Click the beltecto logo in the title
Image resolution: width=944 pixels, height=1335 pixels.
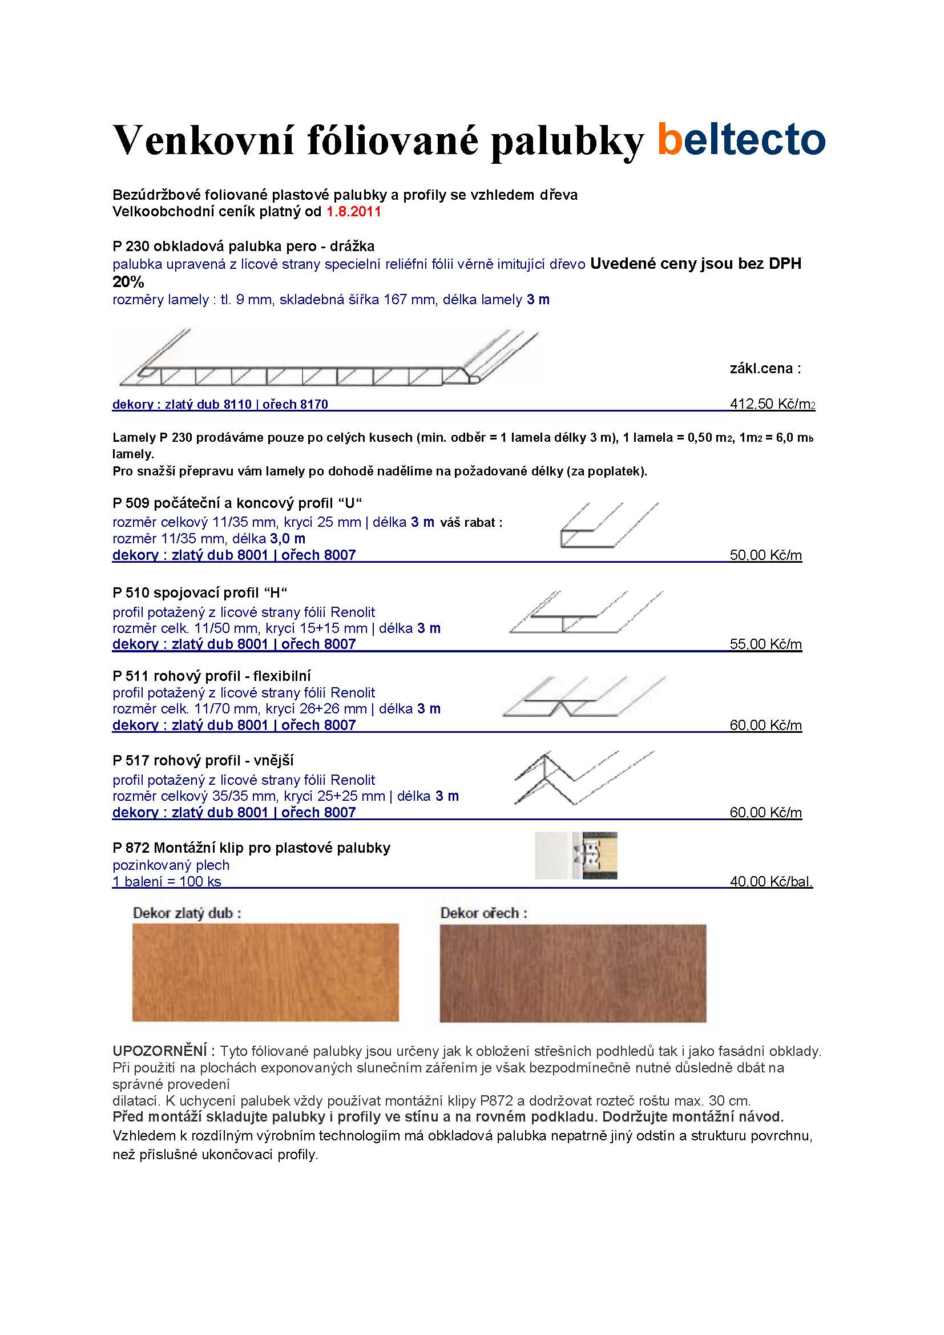pyautogui.click(x=741, y=139)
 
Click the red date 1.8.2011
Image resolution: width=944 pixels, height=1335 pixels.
pyautogui.click(x=353, y=212)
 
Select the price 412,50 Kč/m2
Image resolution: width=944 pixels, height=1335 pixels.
pyautogui.click(x=772, y=404)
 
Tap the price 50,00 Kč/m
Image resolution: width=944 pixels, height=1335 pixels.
pyautogui.click(x=765, y=555)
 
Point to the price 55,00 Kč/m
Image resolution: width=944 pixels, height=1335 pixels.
pyautogui.click(x=765, y=644)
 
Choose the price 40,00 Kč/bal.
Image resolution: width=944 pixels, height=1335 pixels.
pyautogui.click(x=770, y=881)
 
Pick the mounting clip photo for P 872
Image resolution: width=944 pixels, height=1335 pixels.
pyautogui.click(x=576, y=855)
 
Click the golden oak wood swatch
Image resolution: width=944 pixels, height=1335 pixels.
pyautogui.click(x=265, y=972)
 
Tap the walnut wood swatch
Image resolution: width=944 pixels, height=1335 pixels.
pyautogui.click(x=572, y=973)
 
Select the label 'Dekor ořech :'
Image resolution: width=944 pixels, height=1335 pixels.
pyautogui.click(x=483, y=913)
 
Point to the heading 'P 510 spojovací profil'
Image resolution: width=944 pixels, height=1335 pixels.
pyautogui.click(x=200, y=593)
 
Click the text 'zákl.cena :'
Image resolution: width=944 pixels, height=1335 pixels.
pyautogui.click(x=765, y=369)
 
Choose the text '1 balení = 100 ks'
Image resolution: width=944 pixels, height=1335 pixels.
pyautogui.click(x=167, y=881)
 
